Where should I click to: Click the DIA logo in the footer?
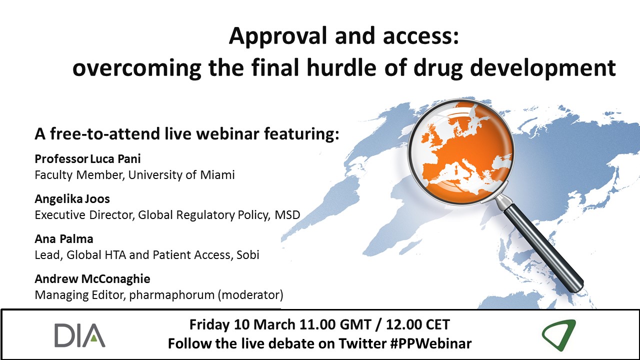coord(79,335)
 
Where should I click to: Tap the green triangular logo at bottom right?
coord(558,334)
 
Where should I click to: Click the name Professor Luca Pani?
coord(87,159)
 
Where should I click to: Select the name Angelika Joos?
coord(72,199)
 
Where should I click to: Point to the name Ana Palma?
coord(64,239)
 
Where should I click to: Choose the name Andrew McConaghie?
coord(92,279)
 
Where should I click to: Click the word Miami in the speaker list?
coord(217,175)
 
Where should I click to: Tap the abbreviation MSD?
coord(287,215)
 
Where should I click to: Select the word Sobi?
coord(248,255)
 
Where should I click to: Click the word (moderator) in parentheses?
coord(250,295)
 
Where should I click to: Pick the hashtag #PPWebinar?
coord(431,343)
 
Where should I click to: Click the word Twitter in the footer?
coord(362,343)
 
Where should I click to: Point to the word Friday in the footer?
coord(209,324)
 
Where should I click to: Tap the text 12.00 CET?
coord(418,324)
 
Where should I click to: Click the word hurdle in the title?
coord(341,67)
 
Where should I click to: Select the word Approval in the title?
coord(277,36)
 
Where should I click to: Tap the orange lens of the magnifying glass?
coord(461,151)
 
